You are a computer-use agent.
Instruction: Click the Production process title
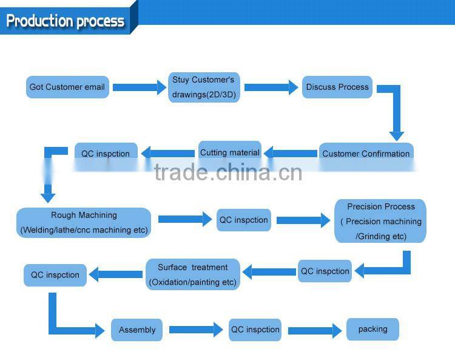pos(66,21)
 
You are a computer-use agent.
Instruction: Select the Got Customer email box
pos(67,87)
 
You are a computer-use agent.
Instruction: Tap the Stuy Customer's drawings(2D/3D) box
pos(203,87)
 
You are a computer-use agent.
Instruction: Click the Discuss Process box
pos(337,87)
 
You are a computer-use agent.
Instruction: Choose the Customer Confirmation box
pos(366,153)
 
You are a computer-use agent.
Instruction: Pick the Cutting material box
pos(230,152)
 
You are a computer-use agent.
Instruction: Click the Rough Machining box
pos(84,222)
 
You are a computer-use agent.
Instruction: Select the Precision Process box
pos(381,222)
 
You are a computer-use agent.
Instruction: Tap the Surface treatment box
pos(193,274)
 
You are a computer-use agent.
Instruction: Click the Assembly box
pos(137,330)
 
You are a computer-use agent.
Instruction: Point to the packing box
pos(372,329)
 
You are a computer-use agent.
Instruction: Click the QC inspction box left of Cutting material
pos(106,153)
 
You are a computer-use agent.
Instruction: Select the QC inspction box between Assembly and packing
pos(255,330)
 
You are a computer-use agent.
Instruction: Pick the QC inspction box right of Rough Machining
pos(243,220)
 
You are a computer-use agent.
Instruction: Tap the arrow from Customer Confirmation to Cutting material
pos(291,153)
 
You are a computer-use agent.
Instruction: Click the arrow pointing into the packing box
pos(314,330)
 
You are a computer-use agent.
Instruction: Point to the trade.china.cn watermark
pos(228,172)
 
